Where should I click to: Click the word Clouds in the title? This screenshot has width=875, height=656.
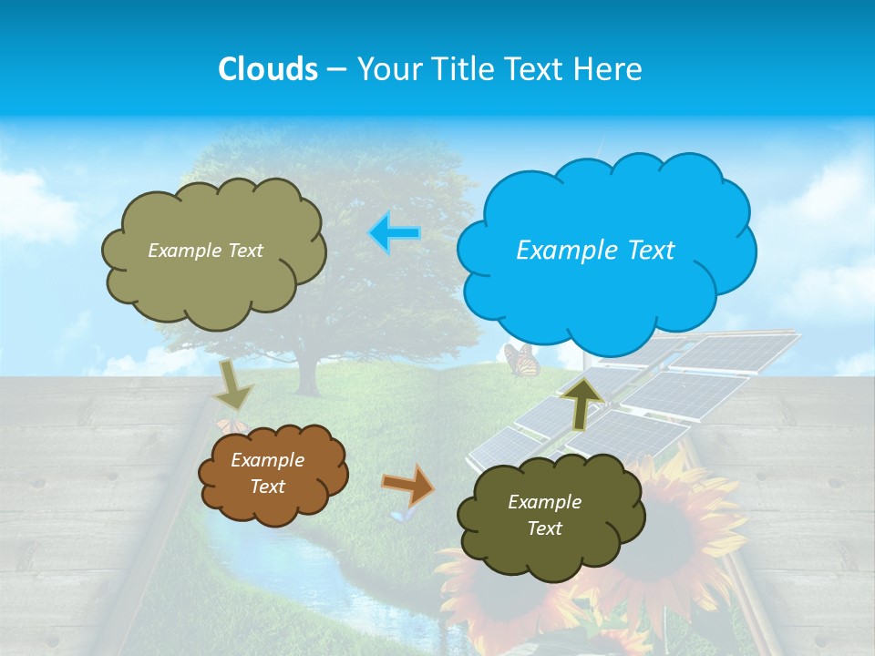tap(268, 69)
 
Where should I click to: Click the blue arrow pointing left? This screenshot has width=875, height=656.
tap(395, 233)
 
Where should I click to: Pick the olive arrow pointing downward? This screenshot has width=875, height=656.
tap(234, 384)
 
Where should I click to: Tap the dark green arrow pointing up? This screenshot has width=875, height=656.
tap(584, 400)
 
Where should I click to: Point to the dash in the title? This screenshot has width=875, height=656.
tap(336, 69)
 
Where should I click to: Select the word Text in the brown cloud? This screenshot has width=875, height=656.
tap(267, 487)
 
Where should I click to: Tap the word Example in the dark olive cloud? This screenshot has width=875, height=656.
tap(544, 502)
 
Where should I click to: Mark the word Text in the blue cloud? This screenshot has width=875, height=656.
tap(651, 251)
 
